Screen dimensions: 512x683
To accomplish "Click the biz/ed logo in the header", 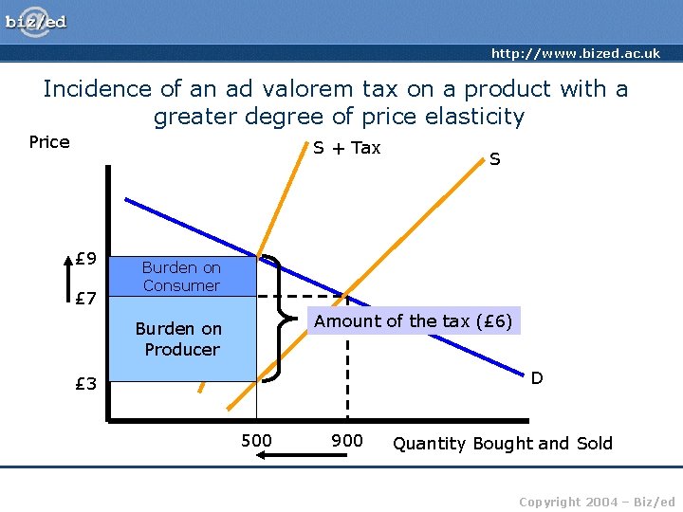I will tap(36, 22).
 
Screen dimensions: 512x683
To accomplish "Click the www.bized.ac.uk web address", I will tap(575, 53).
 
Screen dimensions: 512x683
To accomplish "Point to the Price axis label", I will tap(49, 142).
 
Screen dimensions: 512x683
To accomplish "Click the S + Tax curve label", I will tap(346, 148).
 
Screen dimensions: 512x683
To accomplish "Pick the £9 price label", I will tap(86, 258).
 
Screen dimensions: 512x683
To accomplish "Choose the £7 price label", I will tap(86, 300).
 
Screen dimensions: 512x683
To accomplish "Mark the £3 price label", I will tap(86, 384).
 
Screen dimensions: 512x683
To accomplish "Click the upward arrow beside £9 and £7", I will tap(68, 280).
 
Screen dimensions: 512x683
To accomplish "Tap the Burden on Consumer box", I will tap(181, 277).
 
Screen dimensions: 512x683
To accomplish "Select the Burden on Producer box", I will tap(179, 339).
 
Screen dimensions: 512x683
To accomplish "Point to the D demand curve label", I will tap(537, 378).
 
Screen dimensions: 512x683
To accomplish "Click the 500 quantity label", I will tap(256, 440).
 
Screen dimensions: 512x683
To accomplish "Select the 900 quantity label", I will tap(346, 440).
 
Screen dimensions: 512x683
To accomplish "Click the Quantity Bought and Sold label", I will tap(503, 443).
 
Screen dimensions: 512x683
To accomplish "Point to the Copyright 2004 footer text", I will tap(598, 502).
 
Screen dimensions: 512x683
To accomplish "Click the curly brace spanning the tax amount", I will tap(277, 319).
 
